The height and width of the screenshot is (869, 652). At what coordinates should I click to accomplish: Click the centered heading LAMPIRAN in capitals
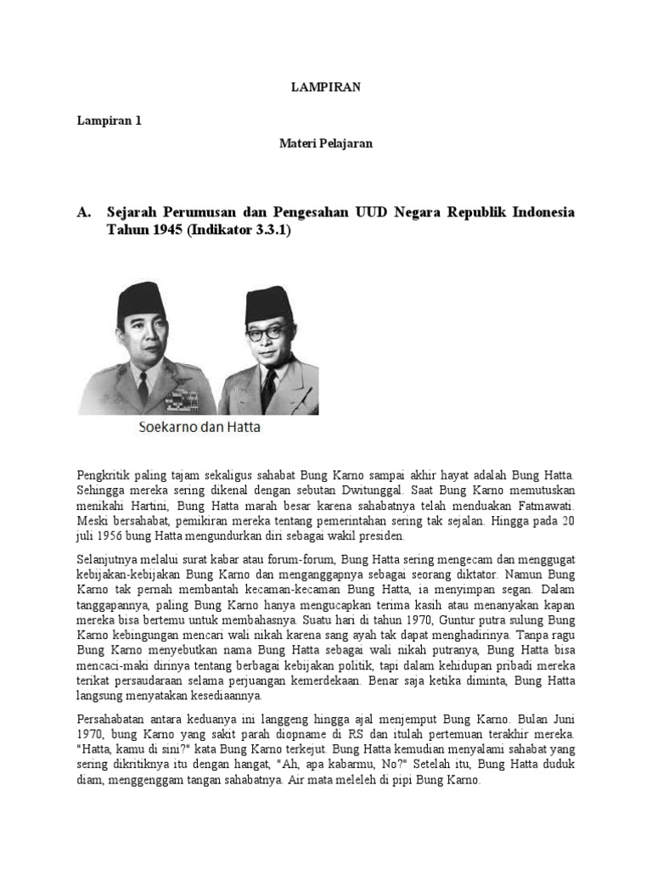pyautogui.click(x=326, y=87)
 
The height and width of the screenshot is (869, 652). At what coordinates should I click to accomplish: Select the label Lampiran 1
pyautogui.click(x=110, y=121)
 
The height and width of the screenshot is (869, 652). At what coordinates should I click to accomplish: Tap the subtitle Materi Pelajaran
pyautogui.click(x=326, y=143)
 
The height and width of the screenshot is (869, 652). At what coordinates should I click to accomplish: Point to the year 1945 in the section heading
pyautogui.click(x=162, y=231)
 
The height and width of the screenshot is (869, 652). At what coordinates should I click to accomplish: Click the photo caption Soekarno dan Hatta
pyautogui.click(x=200, y=428)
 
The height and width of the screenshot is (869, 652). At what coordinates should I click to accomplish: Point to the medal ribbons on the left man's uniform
pyautogui.click(x=181, y=395)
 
